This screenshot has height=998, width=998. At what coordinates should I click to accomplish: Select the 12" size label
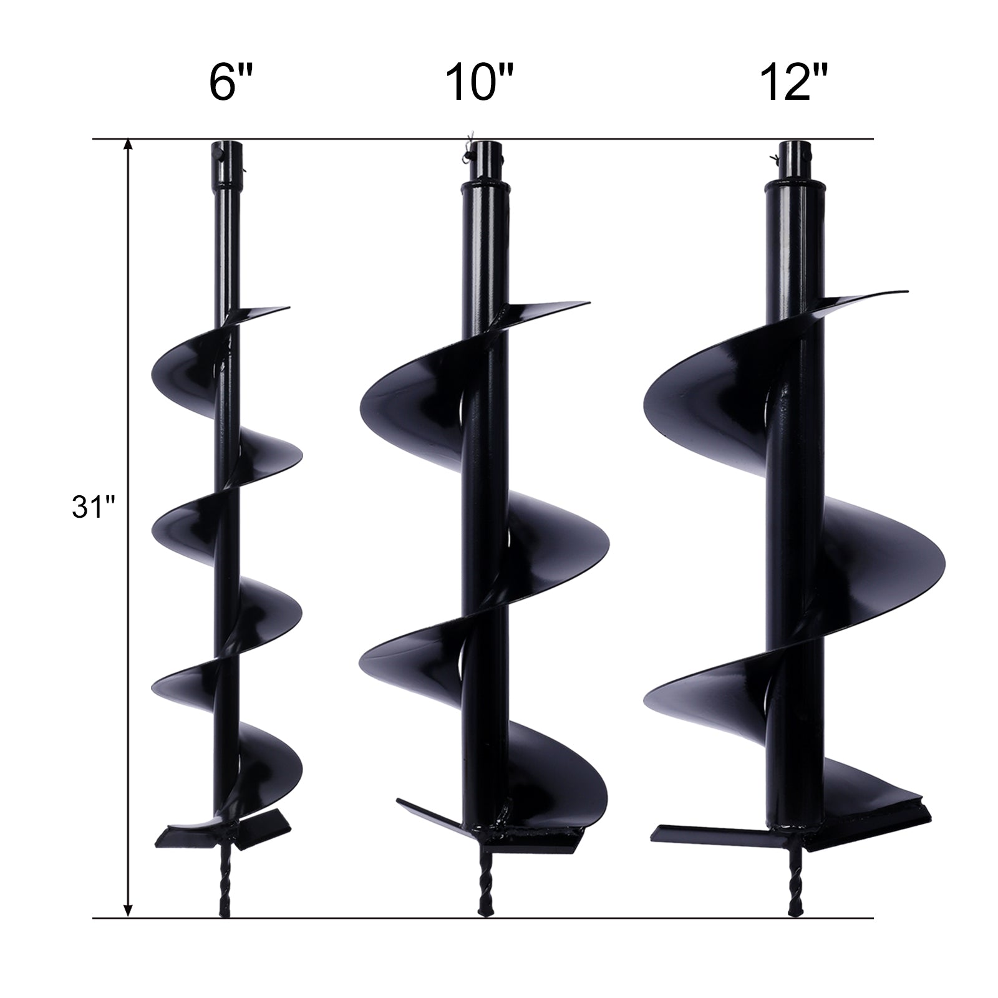point(794,84)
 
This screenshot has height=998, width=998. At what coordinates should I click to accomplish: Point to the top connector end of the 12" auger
point(793,152)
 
